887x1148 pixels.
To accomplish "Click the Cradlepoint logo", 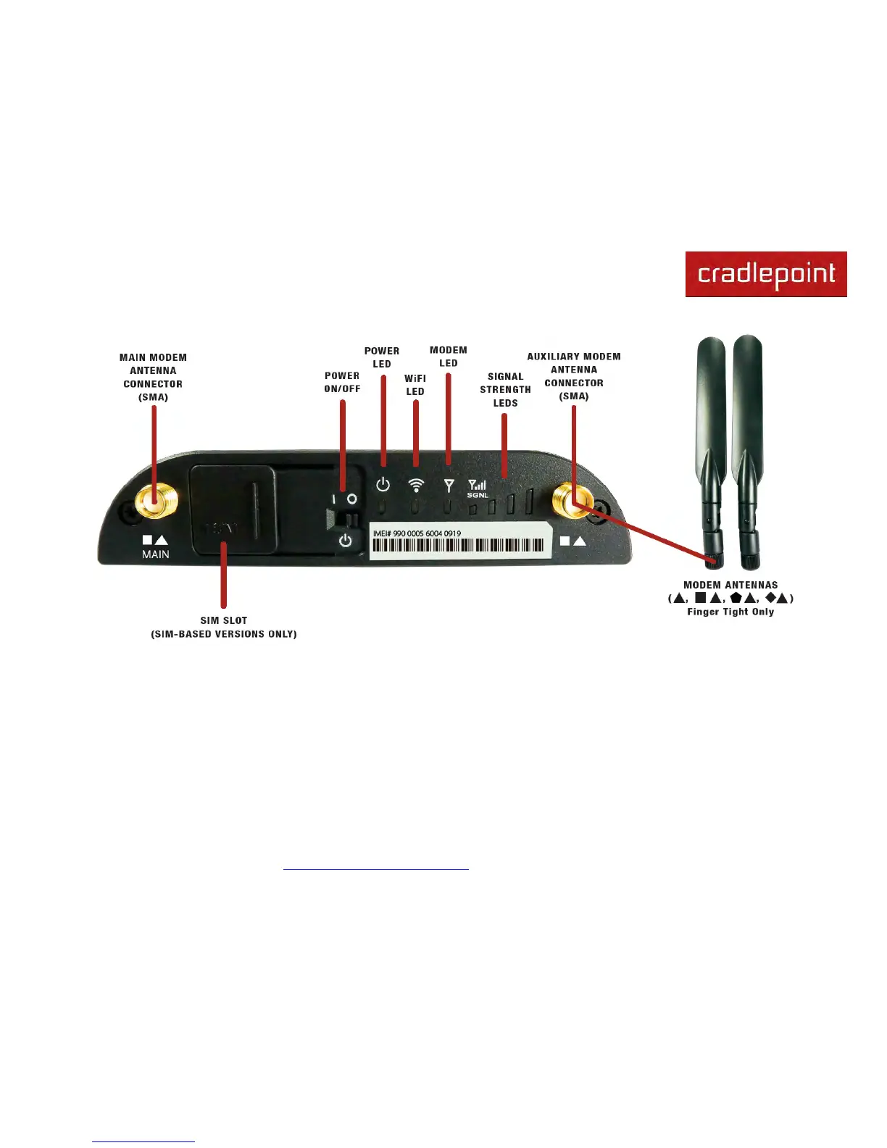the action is [x=766, y=274].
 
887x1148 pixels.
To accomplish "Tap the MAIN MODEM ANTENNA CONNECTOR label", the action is [x=153, y=377].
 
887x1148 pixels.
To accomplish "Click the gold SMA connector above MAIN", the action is [x=154, y=500].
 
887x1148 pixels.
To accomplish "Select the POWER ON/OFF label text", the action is [x=342, y=382].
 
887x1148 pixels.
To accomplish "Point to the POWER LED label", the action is [x=382, y=357].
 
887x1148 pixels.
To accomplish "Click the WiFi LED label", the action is [x=415, y=385].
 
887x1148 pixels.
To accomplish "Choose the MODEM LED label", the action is [x=449, y=357].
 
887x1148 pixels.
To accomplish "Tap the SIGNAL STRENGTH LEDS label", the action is [x=505, y=390].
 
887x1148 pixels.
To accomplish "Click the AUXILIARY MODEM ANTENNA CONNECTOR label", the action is [x=574, y=376].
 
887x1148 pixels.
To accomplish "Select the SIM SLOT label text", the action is [x=224, y=627].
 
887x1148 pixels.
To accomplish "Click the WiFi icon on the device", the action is [x=416, y=485].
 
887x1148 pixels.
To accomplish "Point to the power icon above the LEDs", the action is [x=383, y=485].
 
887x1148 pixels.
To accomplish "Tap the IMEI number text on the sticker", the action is [x=417, y=533].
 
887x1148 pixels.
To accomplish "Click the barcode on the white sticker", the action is [x=457, y=546].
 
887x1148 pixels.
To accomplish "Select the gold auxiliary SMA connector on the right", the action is [x=570, y=500].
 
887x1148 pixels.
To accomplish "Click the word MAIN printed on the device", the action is [x=156, y=554].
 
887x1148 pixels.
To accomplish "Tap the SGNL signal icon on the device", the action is [x=477, y=488].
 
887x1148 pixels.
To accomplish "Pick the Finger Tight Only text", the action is [x=730, y=612].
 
